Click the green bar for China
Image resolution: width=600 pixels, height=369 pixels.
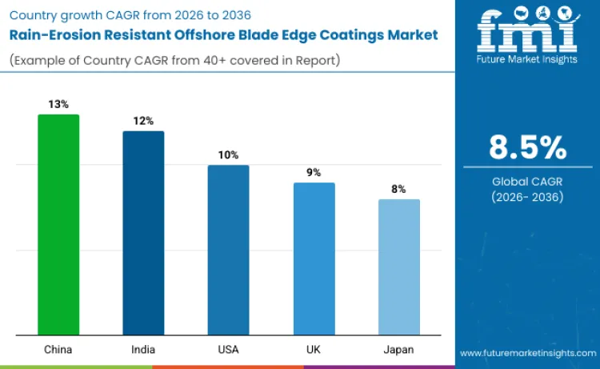[x=58, y=224]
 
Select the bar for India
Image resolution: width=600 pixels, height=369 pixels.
[x=143, y=232]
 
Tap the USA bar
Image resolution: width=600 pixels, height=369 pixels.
[x=228, y=250]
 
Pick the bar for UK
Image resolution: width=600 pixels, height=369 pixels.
[x=314, y=259]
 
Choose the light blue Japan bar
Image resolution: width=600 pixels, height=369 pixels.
[x=398, y=267]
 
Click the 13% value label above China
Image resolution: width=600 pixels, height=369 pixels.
[x=58, y=104]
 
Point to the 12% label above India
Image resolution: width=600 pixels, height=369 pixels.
[x=143, y=121]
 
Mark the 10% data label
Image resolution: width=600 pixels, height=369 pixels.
[x=228, y=154]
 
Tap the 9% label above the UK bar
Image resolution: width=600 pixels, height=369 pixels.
[x=314, y=172]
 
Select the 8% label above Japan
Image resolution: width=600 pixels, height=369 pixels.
[x=398, y=189]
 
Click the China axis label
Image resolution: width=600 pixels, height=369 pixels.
[x=58, y=350]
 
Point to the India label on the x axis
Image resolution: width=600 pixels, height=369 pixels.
[x=143, y=350]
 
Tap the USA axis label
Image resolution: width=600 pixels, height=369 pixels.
[x=228, y=350]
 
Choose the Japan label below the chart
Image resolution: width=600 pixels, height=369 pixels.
[x=398, y=350]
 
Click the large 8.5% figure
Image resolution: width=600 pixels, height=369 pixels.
[x=527, y=147]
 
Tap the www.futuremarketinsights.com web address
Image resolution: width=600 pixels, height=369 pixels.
[x=527, y=353]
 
